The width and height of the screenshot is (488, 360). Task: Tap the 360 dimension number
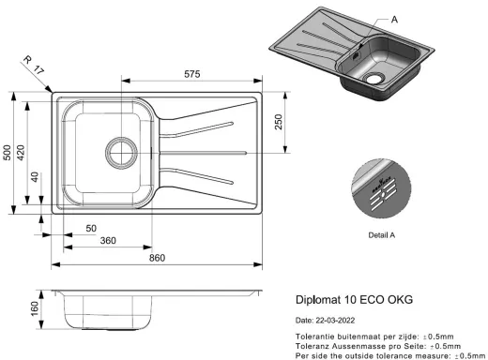108,241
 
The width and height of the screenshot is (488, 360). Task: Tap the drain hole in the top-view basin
120,149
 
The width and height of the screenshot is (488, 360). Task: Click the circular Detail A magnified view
380,187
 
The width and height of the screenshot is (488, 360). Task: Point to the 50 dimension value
91,229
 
